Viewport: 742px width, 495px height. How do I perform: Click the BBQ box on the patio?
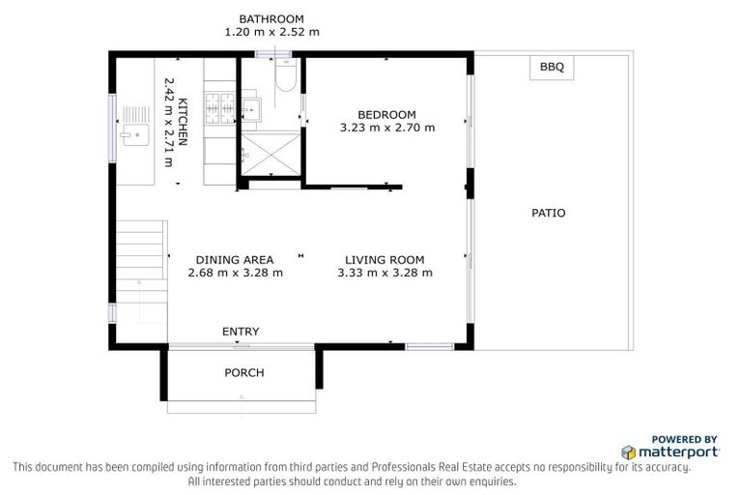[552, 67]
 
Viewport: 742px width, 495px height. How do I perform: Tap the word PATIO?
[548, 213]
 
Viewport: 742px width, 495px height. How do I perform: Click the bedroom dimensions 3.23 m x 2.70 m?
[386, 127]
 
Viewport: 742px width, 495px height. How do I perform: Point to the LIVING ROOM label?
[385, 259]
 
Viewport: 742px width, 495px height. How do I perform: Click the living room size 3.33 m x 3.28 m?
[385, 273]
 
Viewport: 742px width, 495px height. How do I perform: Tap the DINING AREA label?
[235, 259]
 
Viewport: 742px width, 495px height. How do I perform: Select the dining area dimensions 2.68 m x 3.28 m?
[235, 273]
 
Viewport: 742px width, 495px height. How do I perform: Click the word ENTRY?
[241, 332]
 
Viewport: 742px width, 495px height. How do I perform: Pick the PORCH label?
[243, 372]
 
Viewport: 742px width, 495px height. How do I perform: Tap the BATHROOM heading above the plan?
[271, 18]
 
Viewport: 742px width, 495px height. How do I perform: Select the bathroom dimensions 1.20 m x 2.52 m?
[271, 32]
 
